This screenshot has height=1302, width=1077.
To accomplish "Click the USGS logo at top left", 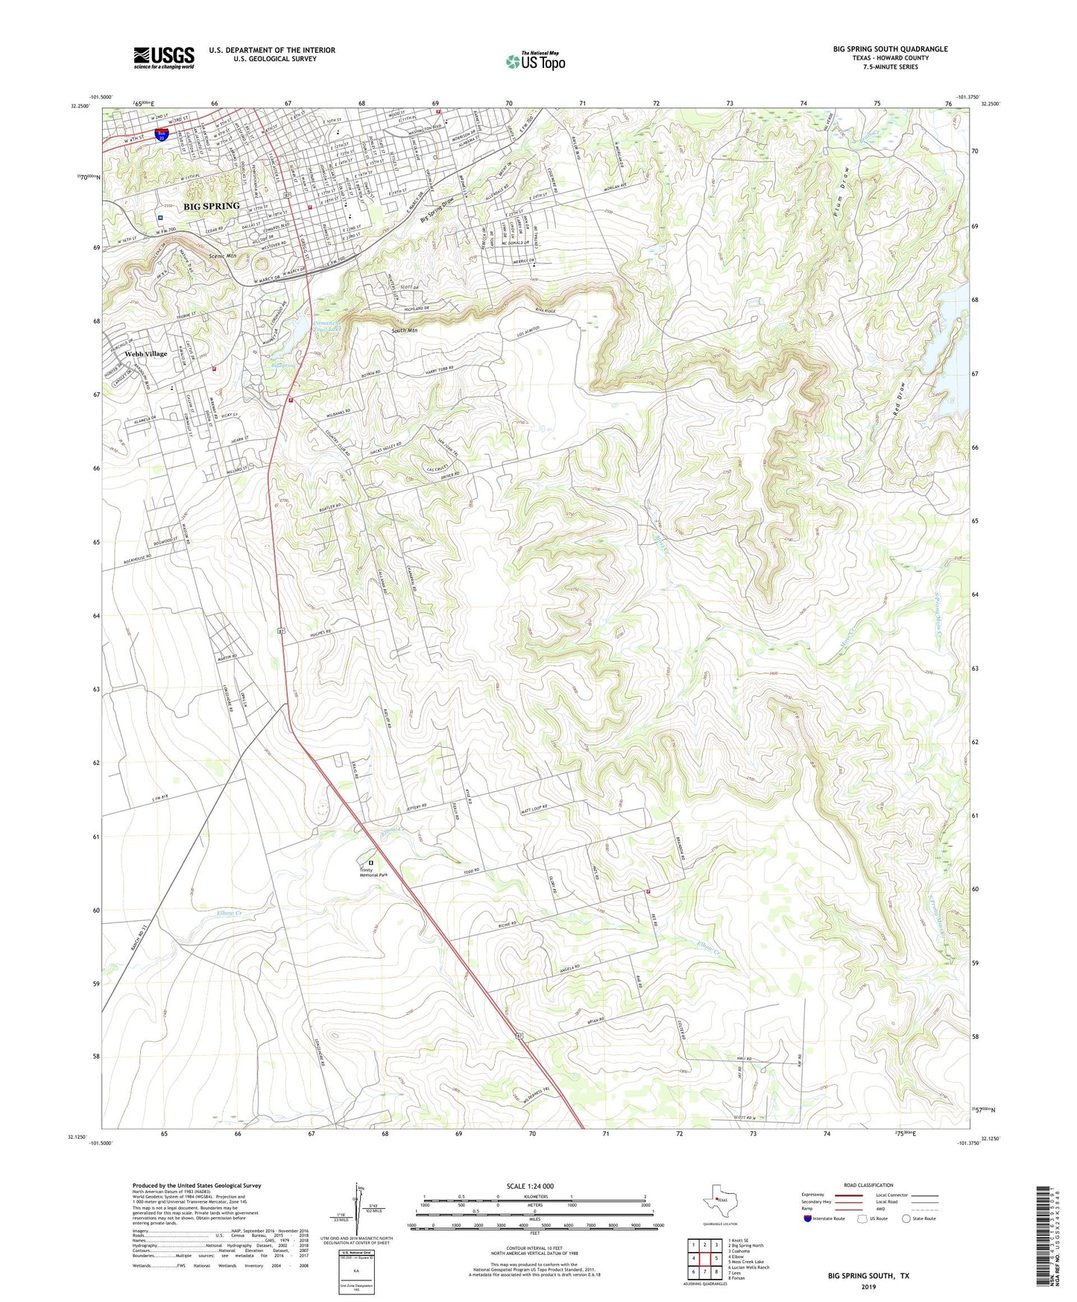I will point(163,57).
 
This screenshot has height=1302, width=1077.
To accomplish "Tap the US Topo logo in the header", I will point(535,61).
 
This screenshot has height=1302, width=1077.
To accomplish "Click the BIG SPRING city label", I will point(212,206).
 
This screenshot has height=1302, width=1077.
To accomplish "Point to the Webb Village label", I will point(146,353).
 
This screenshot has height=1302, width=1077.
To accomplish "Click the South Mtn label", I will point(405,330).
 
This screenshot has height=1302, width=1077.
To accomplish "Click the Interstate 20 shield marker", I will point(161,135).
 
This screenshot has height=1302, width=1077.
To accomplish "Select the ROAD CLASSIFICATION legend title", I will point(868,1185).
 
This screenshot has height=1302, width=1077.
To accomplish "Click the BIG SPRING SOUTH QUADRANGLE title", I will point(890,49).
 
